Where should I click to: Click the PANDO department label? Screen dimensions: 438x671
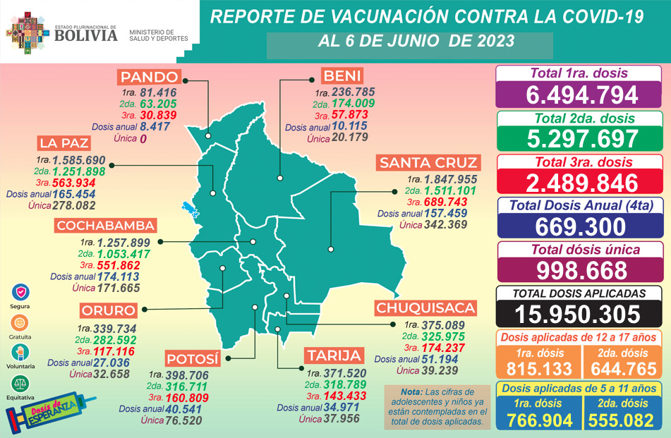coord(150,77)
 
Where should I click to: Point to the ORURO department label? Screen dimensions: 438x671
coord(107,311)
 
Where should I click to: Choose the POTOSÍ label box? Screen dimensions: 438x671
coord(193,358)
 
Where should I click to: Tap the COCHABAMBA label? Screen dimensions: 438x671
coord(106,226)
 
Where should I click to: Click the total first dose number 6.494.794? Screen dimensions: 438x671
coord(582,95)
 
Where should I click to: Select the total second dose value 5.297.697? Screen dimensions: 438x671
coord(582,139)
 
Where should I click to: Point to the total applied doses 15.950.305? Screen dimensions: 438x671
coord(582,314)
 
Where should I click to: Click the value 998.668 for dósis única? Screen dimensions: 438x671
coord(582,269)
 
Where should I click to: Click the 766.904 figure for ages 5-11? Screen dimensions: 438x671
coord(538,419)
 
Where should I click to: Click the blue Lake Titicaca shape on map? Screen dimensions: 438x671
coord(188,209)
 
